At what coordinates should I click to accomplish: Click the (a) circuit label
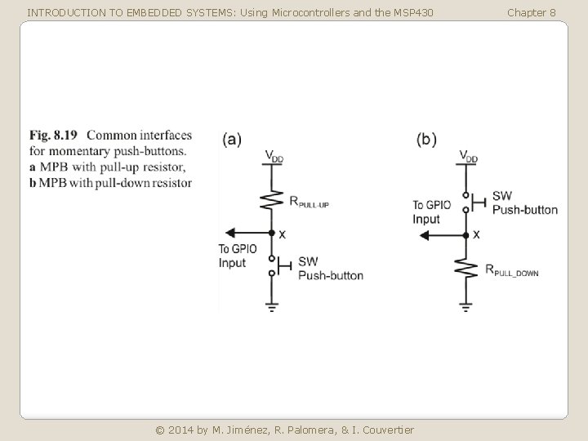coord(232,139)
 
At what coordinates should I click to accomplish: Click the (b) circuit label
coord(426,139)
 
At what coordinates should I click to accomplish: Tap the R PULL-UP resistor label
coord(309,202)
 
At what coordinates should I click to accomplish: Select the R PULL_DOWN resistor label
coord(512,271)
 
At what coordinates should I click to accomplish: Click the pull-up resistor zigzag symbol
coord(271,198)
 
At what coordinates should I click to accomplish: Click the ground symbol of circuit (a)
coord(271,307)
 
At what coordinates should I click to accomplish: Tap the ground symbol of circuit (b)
coord(465,307)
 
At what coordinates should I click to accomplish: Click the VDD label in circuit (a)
coord(274,156)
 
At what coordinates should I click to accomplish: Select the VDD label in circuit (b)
coord(468,156)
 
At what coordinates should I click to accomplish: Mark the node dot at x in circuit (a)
coord(271,233)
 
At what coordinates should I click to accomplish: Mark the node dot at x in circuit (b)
coord(465,235)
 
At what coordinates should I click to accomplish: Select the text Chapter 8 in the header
coord(531,12)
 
